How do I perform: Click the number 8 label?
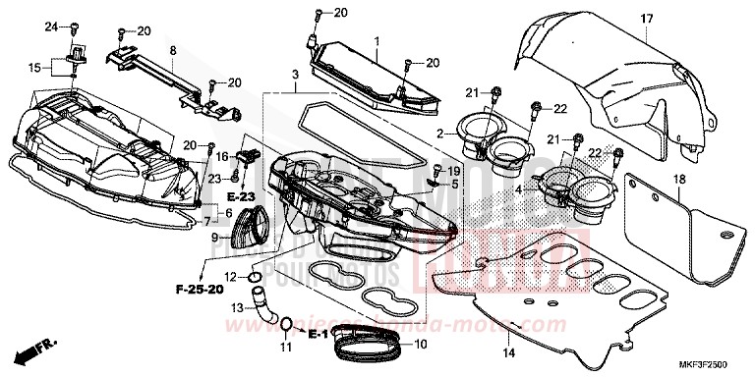pos(172,49)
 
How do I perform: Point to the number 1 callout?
pos(376,38)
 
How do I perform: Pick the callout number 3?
pos(294,76)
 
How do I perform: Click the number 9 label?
pos(215,237)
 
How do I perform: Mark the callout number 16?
pos(222,155)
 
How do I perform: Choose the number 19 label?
pos(454,171)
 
